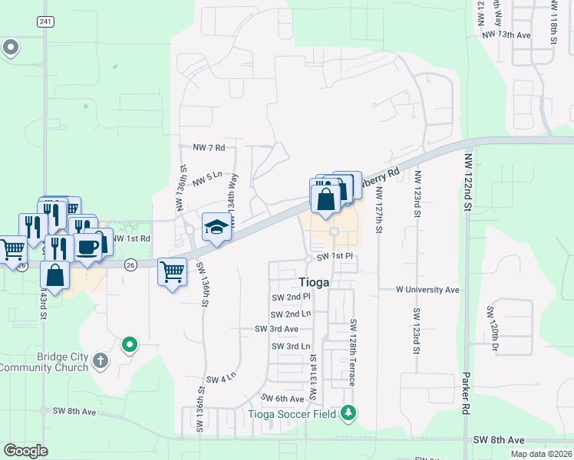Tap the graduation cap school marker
click(x=216, y=227)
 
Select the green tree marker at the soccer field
click(x=350, y=413)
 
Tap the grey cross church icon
click(x=101, y=360)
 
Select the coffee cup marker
click(x=88, y=248)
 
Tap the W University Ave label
click(x=427, y=290)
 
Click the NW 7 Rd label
click(x=209, y=146)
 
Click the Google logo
click(x=26, y=451)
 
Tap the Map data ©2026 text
click(x=541, y=454)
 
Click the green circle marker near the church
click(x=130, y=344)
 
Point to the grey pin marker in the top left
click(x=11, y=48)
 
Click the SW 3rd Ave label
click(x=276, y=329)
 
